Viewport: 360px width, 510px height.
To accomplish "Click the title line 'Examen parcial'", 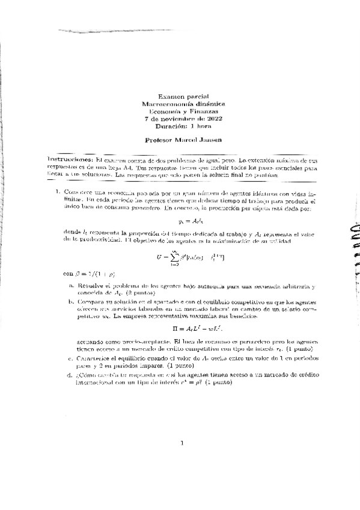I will click(181, 96).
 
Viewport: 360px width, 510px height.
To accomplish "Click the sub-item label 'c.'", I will click(72, 358).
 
